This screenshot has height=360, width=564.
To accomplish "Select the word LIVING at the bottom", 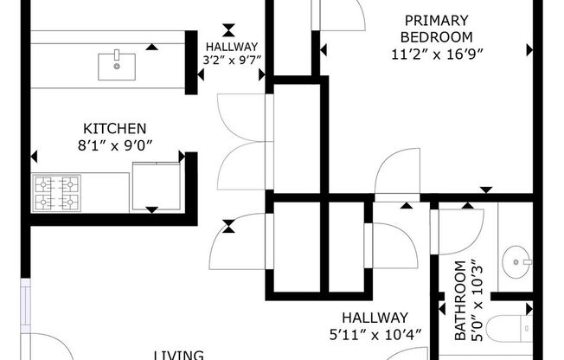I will coord(178,354).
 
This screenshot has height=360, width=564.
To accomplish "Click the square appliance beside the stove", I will coord(156,186).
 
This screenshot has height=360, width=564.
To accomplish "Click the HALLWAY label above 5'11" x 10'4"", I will coord(374,318).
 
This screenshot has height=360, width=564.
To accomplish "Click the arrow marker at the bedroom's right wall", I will coord(529,51).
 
